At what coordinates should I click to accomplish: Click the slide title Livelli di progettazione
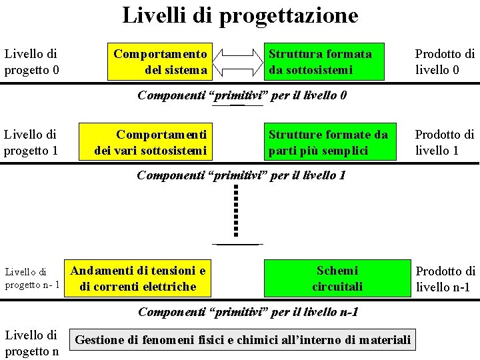pos(240,15)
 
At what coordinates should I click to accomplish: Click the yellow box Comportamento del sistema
pos(160,61)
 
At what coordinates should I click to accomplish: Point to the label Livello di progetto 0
pos(31,61)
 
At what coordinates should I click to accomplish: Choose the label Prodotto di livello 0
pos(445,61)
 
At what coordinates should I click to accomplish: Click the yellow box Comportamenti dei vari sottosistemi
pos(151,143)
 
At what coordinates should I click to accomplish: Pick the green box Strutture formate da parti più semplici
pos(329,143)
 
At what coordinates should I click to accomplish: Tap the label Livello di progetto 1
pos(31,143)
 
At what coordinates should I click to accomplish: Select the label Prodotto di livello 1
pos(445,143)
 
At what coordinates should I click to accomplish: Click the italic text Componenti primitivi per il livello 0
pos(241,95)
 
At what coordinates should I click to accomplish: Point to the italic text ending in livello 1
pos(241,176)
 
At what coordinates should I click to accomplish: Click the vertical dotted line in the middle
pos(236,211)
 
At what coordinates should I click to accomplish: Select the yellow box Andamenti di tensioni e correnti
pos(138,279)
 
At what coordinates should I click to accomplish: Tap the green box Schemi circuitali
pos(337,279)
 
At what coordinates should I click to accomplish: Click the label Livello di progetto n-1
pos(32,279)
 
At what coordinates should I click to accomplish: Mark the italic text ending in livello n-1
pos(248,312)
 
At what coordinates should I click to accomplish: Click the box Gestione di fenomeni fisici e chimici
pos(243,340)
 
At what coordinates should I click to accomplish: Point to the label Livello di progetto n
pos(31,343)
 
